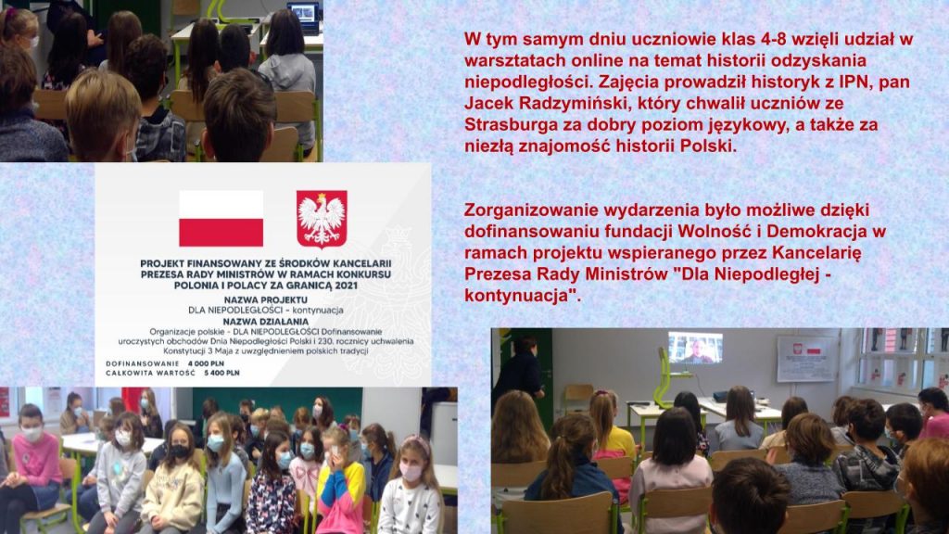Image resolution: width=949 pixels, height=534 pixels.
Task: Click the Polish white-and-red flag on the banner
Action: pos(221,219)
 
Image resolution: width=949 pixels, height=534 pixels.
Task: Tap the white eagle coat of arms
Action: pos(322,219)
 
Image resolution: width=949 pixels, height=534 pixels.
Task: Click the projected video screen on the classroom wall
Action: pos(695,349)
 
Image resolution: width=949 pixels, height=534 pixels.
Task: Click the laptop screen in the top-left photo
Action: pos(303,13)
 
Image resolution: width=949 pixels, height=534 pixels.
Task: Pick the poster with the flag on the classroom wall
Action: pos(806,358)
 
